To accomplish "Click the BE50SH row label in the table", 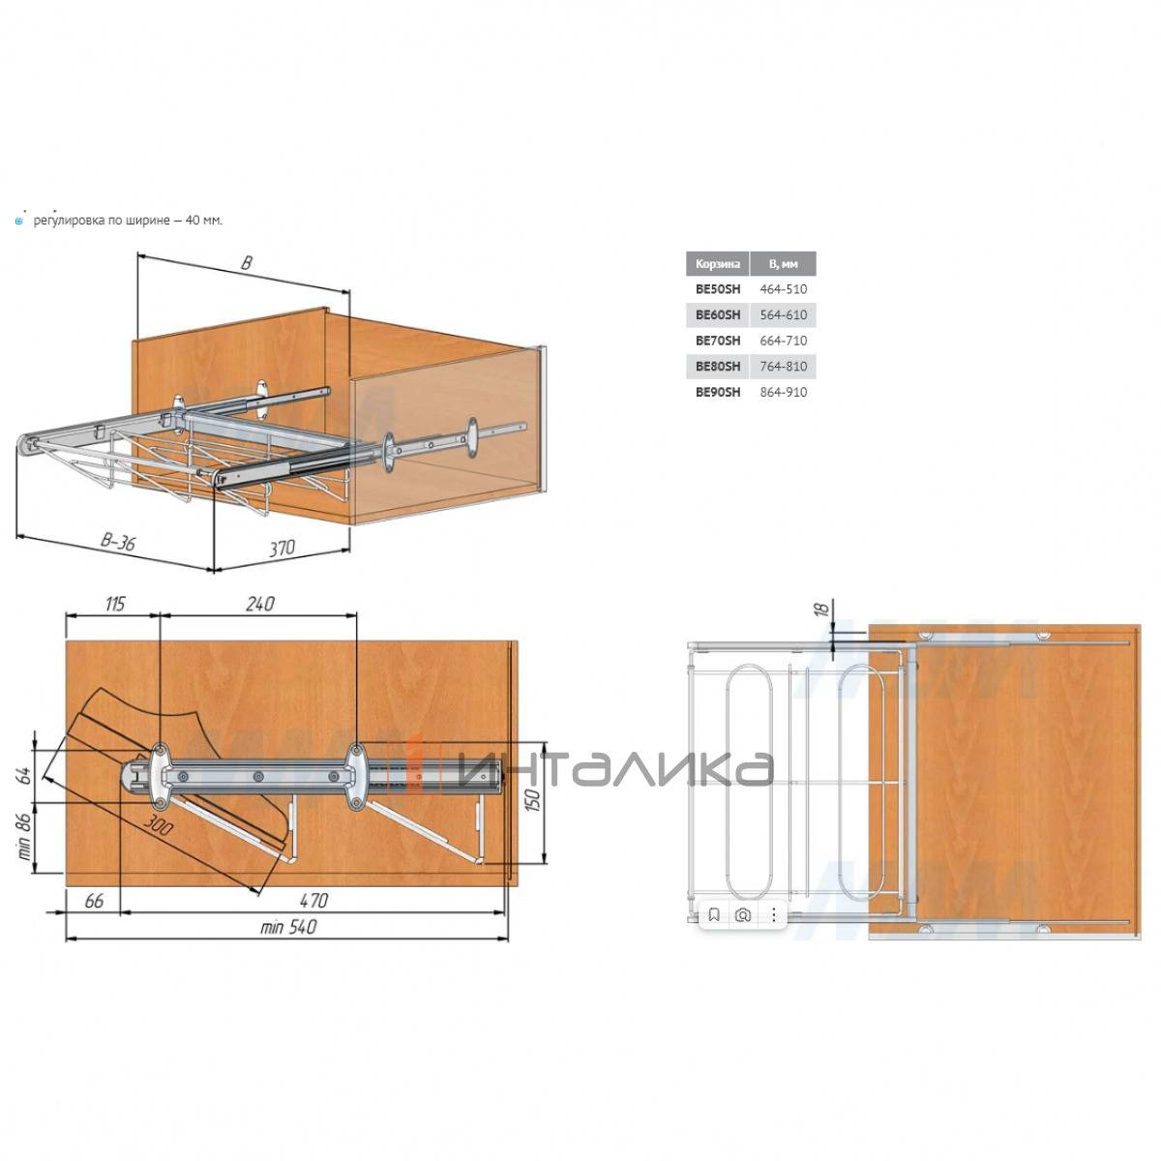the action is (717, 289).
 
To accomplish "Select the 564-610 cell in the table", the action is (783, 315).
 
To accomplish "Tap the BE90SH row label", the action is (717, 392).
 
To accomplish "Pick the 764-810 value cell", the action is (783, 367).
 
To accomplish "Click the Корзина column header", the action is (717, 264).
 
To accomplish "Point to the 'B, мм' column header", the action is (783, 264).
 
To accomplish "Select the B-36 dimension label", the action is (117, 542).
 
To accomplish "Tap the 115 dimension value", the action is (115, 603).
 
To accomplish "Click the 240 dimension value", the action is (259, 603).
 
